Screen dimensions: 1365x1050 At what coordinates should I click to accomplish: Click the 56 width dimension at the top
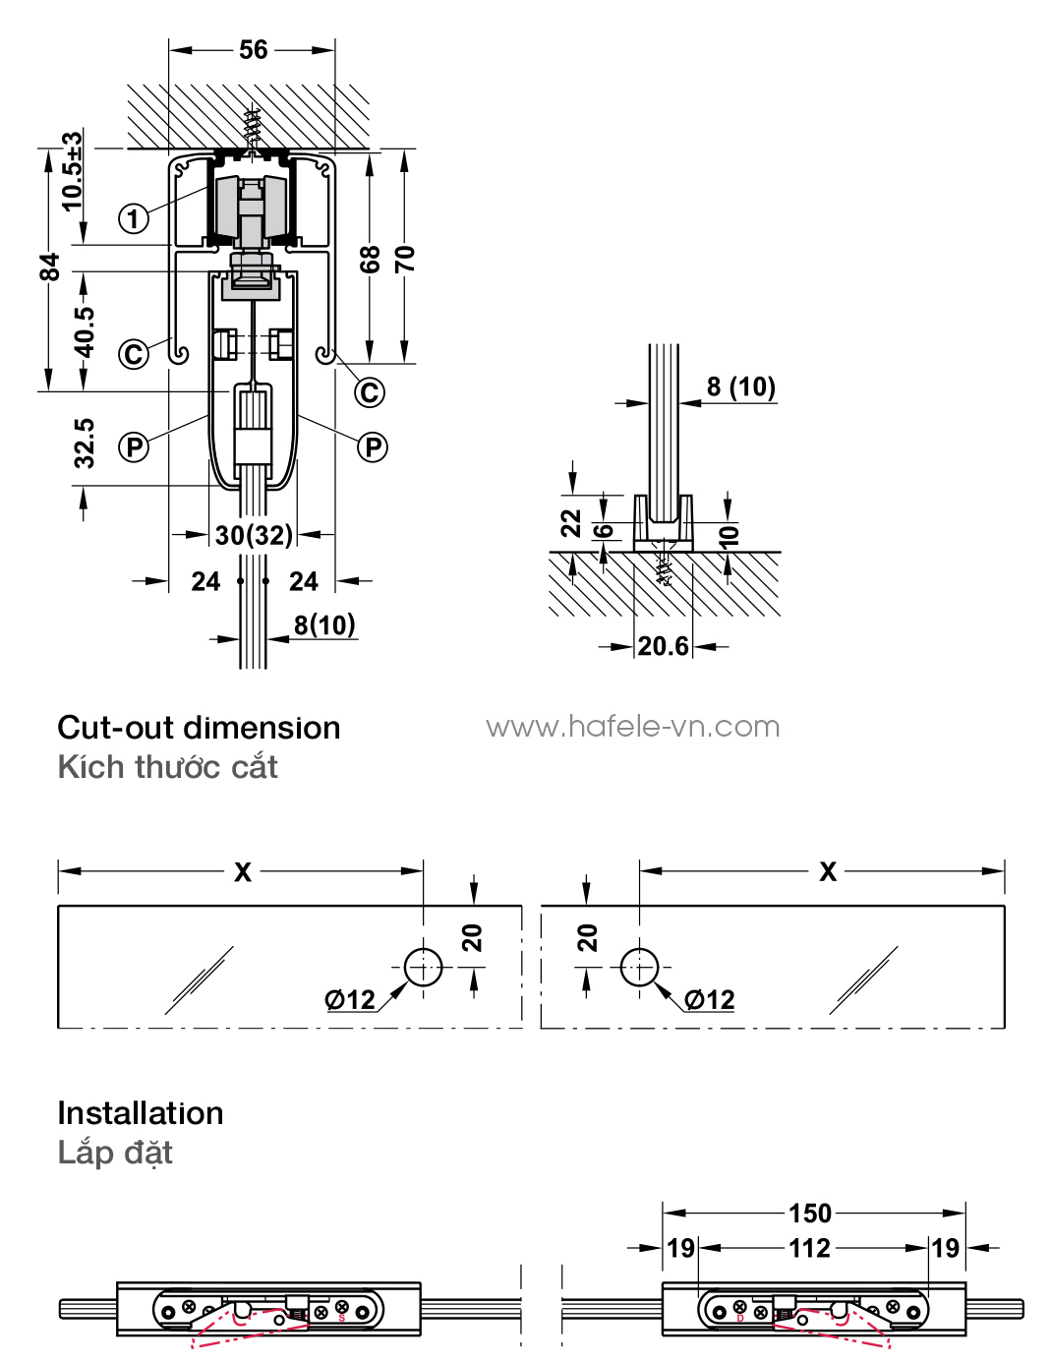pyautogui.click(x=253, y=49)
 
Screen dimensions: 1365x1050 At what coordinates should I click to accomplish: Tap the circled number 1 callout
pyautogui.click(x=134, y=218)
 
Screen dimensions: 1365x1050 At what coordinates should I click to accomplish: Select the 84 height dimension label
pyautogui.click(x=50, y=267)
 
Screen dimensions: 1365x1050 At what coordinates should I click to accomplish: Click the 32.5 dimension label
pyautogui.click(x=85, y=444)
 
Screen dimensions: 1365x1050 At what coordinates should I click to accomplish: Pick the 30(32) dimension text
pyautogui.click(x=254, y=535)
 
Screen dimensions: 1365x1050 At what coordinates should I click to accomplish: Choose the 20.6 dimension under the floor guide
pyautogui.click(x=664, y=646)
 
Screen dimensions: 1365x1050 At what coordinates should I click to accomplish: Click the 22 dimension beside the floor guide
pyautogui.click(x=571, y=523)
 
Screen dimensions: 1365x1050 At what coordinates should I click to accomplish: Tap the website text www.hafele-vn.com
pyautogui.click(x=632, y=727)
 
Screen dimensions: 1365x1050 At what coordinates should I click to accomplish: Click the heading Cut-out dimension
pyautogui.click(x=199, y=728)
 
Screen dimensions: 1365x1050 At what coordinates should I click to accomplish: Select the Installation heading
pyautogui.click(x=141, y=1113)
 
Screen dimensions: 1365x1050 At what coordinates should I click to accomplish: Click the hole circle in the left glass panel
pyautogui.click(x=424, y=968)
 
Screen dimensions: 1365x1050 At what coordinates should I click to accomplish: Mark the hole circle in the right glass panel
pyautogui.click(x=639, y=968)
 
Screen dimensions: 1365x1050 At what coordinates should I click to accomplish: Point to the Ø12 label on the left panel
pyautogui.click(x=350, y=1000)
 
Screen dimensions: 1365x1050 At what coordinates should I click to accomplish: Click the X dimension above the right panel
pyautogui.click(x=828, y=871)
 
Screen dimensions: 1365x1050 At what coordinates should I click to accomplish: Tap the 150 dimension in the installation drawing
pyautogui.click(x=810, y=1214)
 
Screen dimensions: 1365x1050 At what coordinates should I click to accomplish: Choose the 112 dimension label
pyautogui.click(x=810, y=1248)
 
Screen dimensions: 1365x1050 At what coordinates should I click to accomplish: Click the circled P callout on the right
pyautogui.click(x=373, y=447)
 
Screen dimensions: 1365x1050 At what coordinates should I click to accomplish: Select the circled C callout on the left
pyautogui.click(x=134, y=354)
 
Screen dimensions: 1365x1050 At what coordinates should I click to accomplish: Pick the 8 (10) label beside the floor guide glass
pyautogui.click(x=741, y=386)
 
